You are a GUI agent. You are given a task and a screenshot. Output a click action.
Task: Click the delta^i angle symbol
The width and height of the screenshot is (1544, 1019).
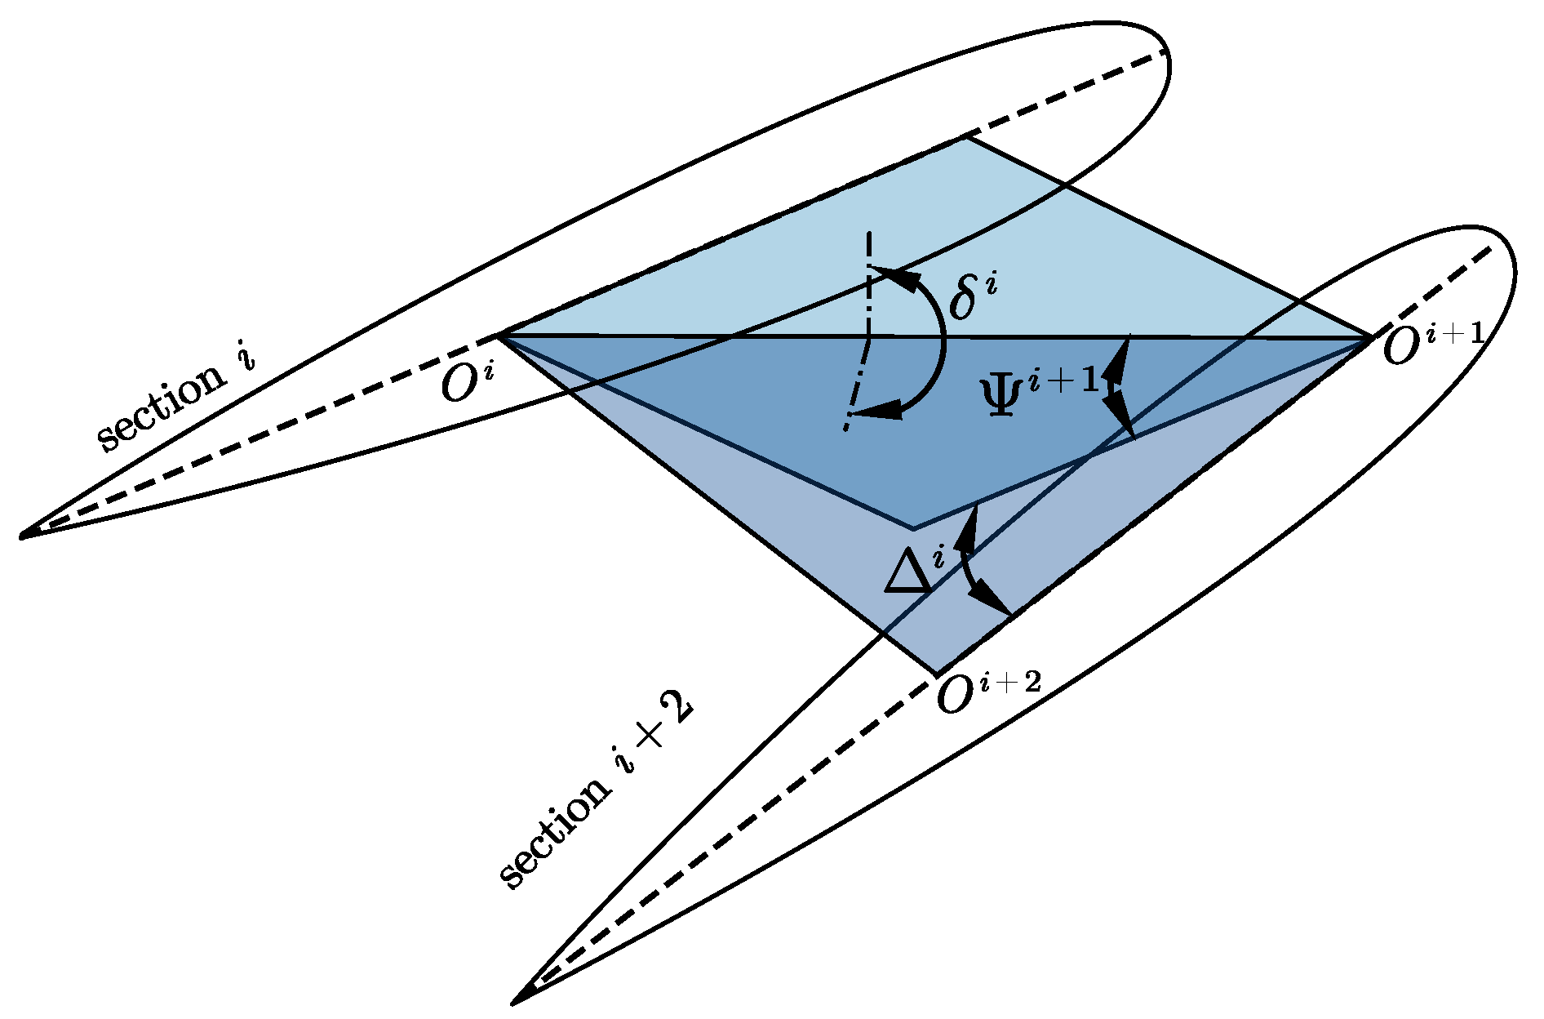(974, 296)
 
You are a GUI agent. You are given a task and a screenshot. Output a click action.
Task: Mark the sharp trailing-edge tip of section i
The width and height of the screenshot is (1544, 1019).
(21, 536)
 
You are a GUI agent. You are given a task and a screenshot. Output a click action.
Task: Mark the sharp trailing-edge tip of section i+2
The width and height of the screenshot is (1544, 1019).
(513, 1002)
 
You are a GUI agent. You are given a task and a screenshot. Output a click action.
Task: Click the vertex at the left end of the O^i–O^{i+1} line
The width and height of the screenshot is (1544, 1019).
(499, 335)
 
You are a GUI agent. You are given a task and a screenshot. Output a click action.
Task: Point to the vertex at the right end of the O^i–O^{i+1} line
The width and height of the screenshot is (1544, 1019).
(1371, 337)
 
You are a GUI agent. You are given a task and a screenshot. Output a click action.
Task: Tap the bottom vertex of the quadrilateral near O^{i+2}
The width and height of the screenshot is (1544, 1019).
(937, 674)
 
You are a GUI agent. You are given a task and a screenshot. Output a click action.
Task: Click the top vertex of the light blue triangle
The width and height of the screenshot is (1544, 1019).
(967, 137)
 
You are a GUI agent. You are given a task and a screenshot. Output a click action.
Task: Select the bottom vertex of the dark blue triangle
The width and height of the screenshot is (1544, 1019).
(913, 528)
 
